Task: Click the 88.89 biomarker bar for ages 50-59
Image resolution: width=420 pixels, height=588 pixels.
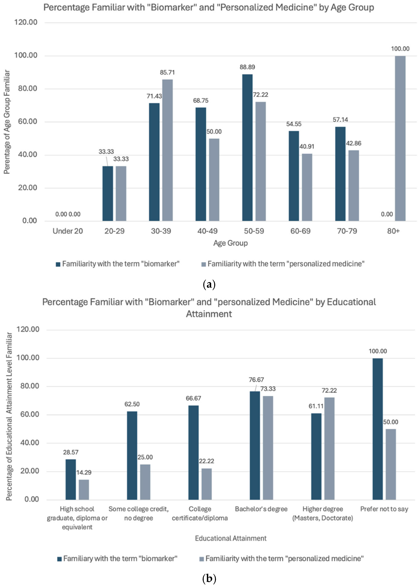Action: click(247, 147)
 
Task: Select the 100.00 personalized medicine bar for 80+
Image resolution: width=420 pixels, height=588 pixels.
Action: click(400, 138)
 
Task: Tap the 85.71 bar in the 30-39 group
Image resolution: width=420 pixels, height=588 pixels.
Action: click(167, 150)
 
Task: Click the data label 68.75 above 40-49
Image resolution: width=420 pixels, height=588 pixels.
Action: click(201, 101)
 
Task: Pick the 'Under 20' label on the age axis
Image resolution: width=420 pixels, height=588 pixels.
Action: click(68, 231)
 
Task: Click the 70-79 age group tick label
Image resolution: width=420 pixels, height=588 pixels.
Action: click(347, 231)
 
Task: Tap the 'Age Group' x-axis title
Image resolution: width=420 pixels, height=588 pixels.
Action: click(230, 243)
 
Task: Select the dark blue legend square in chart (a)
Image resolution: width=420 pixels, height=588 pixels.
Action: click(58, 264)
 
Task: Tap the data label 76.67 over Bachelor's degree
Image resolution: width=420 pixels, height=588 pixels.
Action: click(256, 380)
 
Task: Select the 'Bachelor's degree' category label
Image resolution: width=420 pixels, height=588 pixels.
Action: click(261, 509)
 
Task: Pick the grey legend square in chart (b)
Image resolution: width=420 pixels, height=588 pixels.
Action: click(202, 559)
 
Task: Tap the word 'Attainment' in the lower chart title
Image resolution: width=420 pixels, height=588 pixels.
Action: click(209, 314)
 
